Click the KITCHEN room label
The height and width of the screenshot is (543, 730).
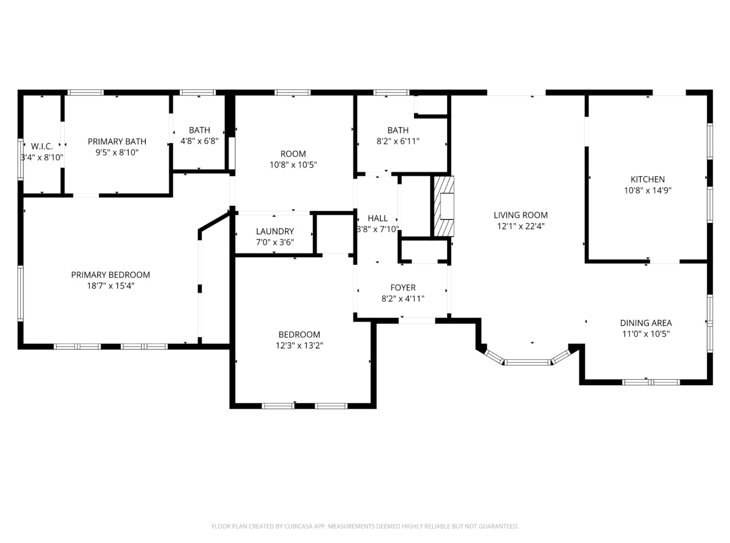tap(647, 179)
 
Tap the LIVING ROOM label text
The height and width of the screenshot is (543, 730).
tap(520, 215)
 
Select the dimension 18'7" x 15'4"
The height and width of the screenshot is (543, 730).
tap(111, 286)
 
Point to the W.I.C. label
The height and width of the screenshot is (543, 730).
tap(42, 146)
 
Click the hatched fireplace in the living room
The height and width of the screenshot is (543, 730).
tap(444, 206)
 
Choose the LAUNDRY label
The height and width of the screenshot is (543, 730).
tap(275, 231)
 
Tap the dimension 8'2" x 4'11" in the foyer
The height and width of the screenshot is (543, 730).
tap(403, 299)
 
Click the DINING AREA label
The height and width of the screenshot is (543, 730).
tap(645, 323)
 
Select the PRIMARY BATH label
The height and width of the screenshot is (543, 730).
tap(117, 141)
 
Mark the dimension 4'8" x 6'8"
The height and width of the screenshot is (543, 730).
tap(199, 141)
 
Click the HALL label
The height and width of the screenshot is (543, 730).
tap(377, 218)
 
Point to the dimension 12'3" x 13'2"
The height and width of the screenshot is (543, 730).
tap(299, 345)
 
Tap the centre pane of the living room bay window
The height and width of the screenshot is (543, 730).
tap(528, 362)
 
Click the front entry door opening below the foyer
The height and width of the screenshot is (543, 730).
tap(417, 320)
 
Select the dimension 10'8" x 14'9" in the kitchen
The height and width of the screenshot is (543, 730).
tap(647, 190)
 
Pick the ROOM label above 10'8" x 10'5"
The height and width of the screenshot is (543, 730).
tap(293, 154)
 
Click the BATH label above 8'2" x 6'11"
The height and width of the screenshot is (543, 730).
tap(398, 130)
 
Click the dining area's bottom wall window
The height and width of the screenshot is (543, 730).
tap(651, 382)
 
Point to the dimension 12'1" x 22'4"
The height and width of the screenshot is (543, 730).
tap(520, 226)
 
